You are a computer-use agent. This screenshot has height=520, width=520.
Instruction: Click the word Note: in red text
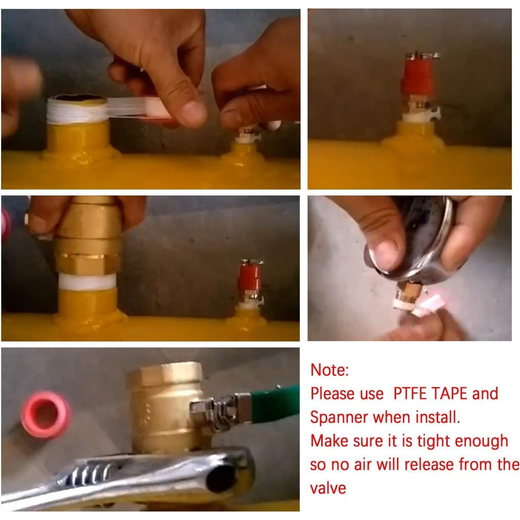(x=330, y=370)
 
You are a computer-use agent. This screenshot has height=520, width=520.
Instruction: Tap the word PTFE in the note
(x=410, y=394)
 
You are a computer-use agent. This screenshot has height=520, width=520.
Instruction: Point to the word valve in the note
(x=328, y=488)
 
